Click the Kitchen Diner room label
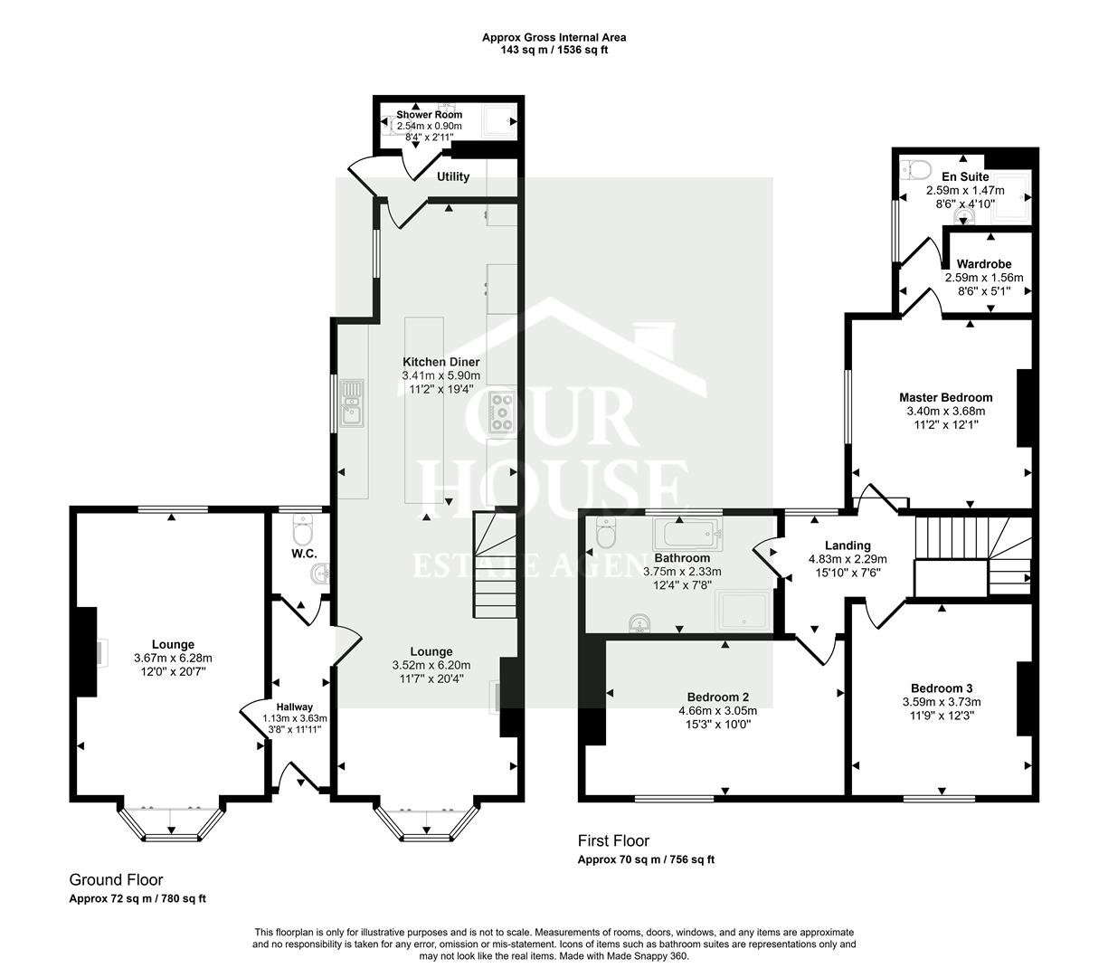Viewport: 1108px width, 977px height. tap(440, 362)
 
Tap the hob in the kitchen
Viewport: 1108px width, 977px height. tap(501, 413)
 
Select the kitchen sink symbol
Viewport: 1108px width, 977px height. tap(352, 403)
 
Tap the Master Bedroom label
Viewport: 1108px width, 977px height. tap(945, 397)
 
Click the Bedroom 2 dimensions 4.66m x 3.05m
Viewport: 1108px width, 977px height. tap(717, 711)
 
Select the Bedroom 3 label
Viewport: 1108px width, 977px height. tap(942, 688)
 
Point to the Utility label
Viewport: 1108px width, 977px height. tap(453, 176)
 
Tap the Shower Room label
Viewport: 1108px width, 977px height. tap(429, 115)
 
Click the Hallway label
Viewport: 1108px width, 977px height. tap(295, 707)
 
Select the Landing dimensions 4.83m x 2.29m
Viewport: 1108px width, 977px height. tap(848, 559)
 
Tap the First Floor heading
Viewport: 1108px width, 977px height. tap(613, 840)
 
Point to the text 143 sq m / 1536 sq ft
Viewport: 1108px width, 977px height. tap(554, 51)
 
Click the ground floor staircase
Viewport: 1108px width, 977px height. tap(494, 565)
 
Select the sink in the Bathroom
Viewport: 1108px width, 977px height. tap(641, 622)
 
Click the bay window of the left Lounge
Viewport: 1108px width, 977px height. tap(172, 823)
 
